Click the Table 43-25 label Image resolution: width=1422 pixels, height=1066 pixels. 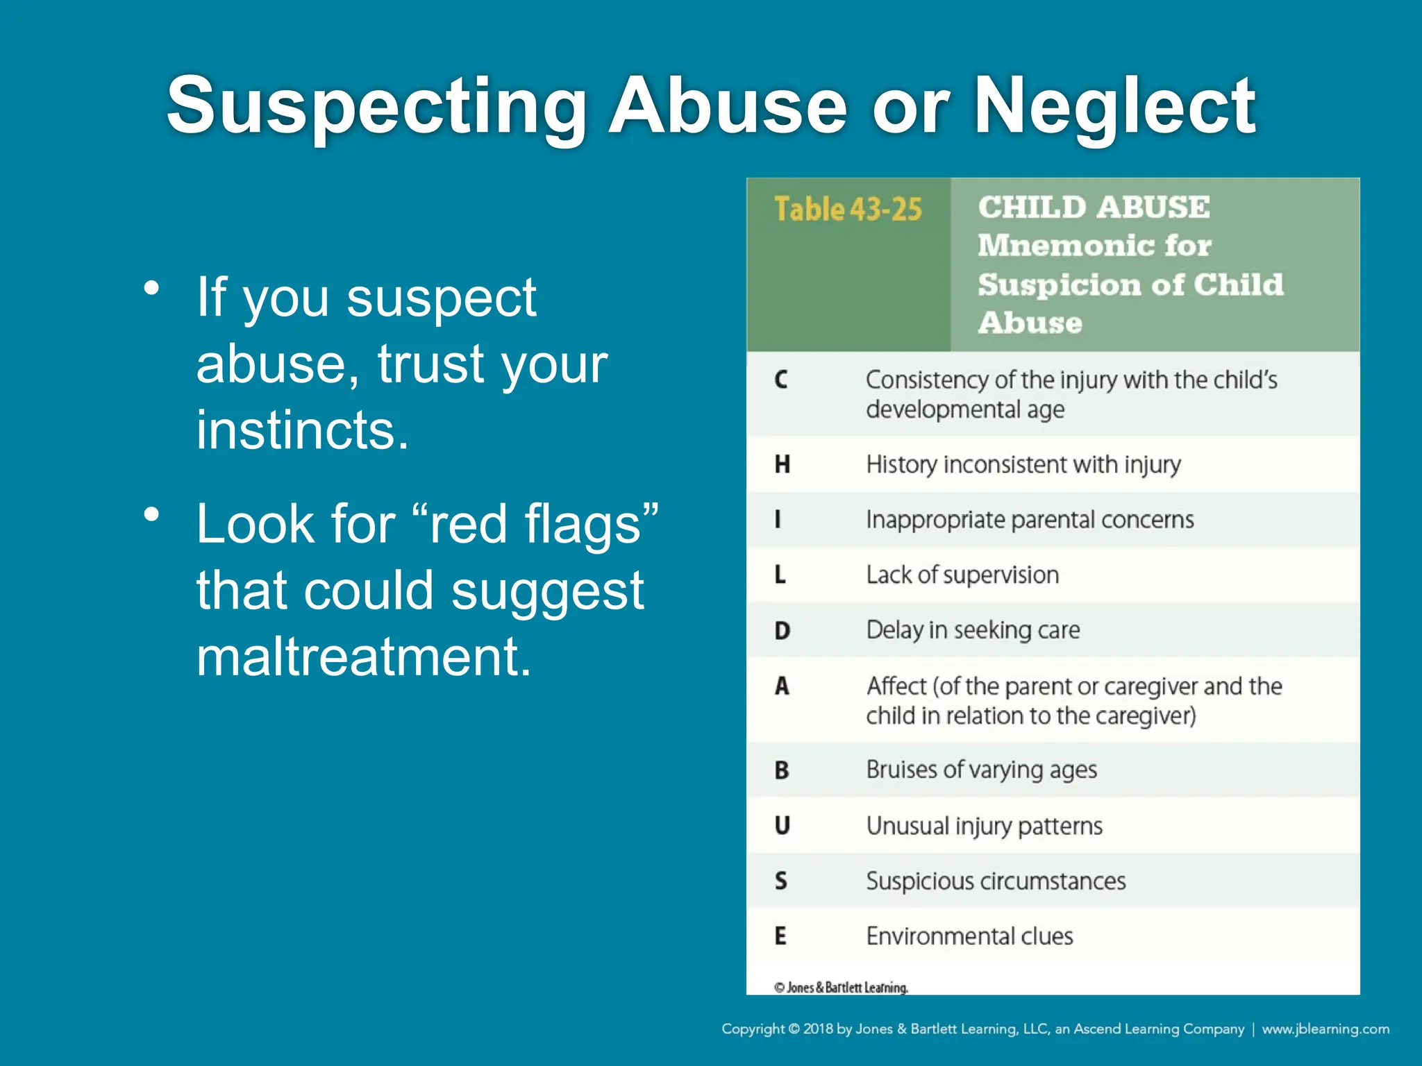point(848,209)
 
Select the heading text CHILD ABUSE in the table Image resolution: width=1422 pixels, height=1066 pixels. point(1094,207)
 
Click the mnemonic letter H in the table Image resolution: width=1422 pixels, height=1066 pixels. point(782,464)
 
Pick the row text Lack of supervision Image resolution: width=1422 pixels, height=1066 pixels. point(962,575)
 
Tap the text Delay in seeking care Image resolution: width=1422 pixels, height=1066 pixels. point(973,629)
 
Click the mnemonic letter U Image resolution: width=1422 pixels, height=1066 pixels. point(782,825)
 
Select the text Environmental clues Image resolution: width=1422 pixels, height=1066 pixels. point(969,936)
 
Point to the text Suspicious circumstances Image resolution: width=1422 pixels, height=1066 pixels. point(996,881)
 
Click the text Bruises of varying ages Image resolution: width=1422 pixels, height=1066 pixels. point(981,770)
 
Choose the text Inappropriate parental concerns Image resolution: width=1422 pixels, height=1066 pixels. point(1030,519)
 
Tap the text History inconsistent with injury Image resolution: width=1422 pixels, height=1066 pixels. point(1023,464)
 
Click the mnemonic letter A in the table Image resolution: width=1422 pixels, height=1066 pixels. point(782,686)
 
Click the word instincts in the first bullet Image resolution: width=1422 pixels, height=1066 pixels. point(302,430)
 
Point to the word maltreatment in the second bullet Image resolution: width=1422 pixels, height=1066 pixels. point(363,656)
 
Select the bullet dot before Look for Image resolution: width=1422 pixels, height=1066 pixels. point(151,515)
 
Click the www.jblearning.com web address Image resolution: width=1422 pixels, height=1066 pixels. point(1325,1029)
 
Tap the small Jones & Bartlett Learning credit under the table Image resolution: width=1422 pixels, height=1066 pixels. point(841,987)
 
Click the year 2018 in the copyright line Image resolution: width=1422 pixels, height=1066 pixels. point(818,1029)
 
